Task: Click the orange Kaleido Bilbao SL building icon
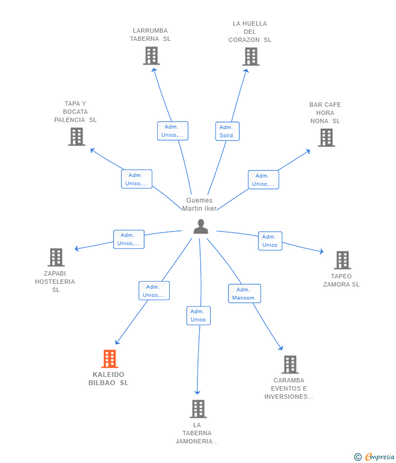[x=110, y=359]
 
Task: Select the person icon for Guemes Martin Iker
[x=201, y=227]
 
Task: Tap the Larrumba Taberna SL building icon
[x=151, y=56]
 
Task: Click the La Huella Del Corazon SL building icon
[x=251, y=57]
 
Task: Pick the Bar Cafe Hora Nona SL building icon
[x=326, y=138]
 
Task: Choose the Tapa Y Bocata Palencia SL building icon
[x=77, y=137]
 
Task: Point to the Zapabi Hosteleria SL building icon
[x=56, y=257]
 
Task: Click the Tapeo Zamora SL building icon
[x=342, y=260]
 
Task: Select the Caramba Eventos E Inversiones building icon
[x=290, y=364]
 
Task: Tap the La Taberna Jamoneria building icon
[x=198, y=409]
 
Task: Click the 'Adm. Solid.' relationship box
[x=227, y=131]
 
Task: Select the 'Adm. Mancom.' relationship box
[x=244, y=294]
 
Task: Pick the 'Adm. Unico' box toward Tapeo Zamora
[x=270, y=241]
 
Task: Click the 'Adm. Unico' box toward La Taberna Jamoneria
[x=198, y=315]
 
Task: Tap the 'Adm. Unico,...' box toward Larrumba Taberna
[x=172, y=131]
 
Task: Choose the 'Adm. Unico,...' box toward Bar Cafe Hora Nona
[x=263, y=180]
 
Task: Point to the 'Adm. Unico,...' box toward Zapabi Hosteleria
[x=128, y=239]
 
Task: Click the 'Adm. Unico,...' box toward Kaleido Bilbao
[x=154, y=291]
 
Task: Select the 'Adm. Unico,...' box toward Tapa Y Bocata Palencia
[x=136, y=179]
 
